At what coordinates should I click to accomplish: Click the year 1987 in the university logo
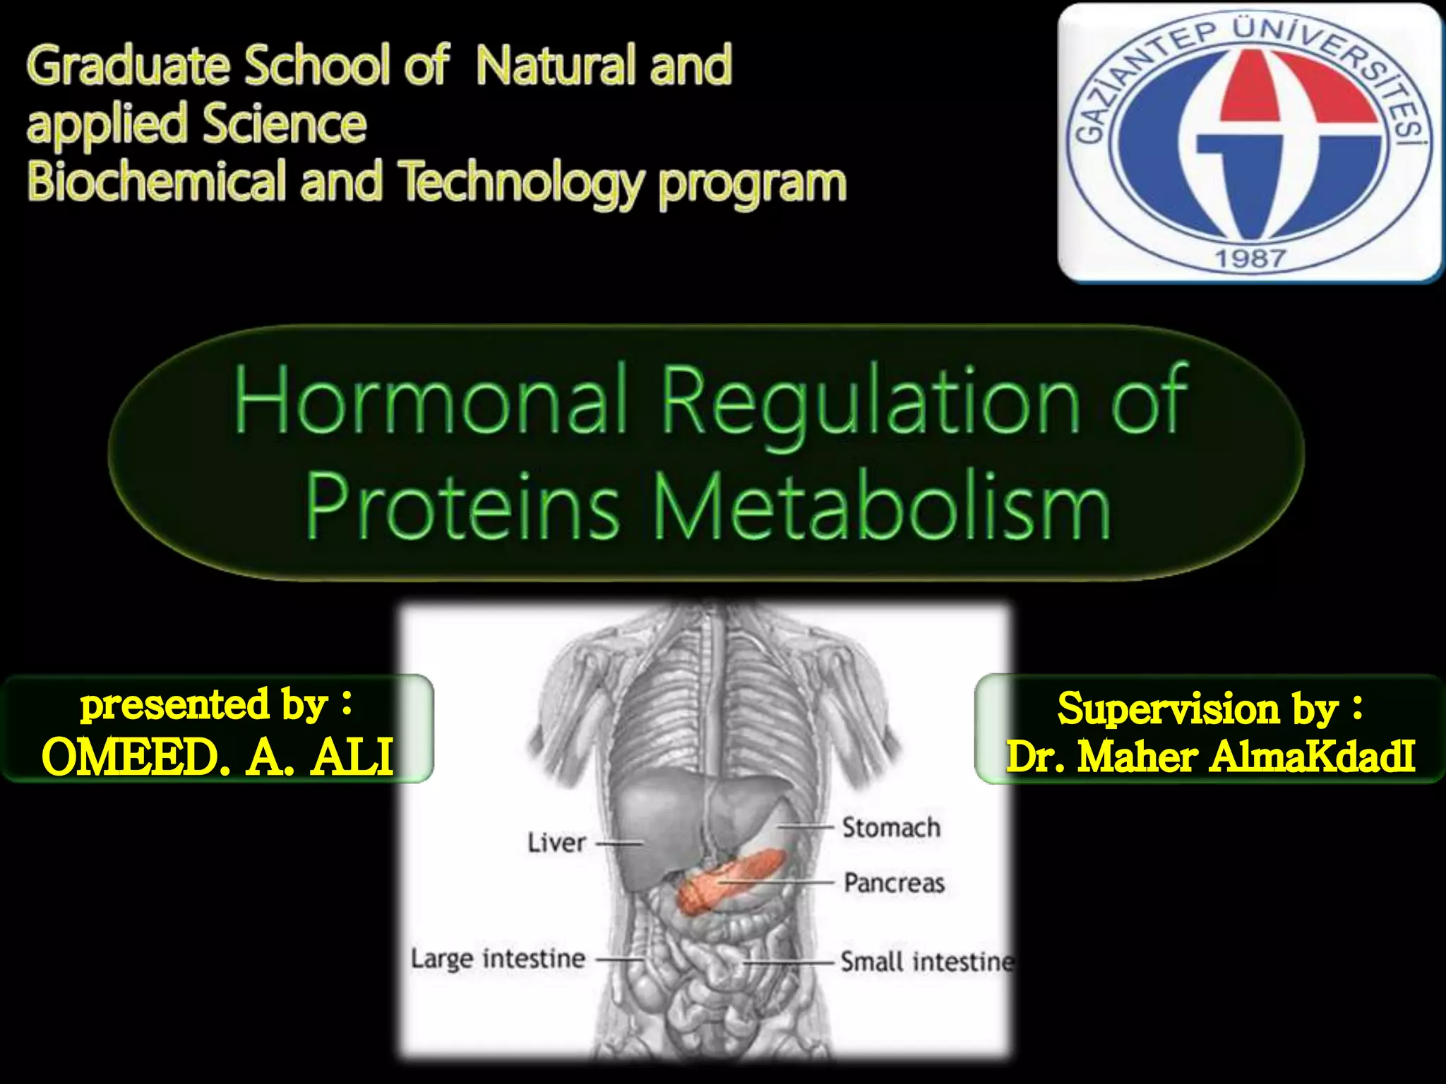point(1250,258)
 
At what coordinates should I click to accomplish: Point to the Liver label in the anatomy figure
point(556,843)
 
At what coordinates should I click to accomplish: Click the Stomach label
point(891,827)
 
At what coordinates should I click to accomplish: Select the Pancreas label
point(894,883)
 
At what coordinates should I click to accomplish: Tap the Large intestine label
point(498,959)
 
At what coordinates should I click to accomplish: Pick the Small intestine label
point(926,962)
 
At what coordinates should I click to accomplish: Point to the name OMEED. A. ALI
point(217,757)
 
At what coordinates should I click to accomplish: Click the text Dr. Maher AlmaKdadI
point(1210,757)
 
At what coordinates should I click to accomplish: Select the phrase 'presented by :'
point(216,704)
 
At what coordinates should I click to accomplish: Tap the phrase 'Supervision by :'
point(1209,708)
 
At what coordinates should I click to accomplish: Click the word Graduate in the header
point(127,66)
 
